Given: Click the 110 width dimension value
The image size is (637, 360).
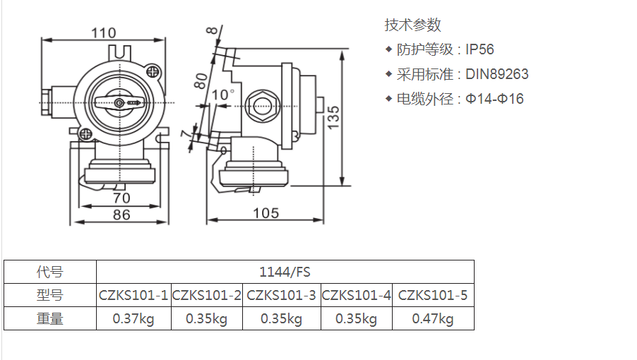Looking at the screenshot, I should [x=103, y=32].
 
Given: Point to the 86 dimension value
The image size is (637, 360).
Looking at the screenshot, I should [x=121, y=215].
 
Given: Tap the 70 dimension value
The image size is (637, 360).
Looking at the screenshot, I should [x=121, y=198].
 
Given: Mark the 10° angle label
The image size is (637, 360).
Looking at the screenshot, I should [x=222, y=95].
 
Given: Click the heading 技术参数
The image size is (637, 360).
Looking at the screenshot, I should [x=412, y=25].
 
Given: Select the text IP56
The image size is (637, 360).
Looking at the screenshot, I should [x=480, y=49].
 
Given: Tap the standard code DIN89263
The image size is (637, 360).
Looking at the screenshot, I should [x=496, y=74].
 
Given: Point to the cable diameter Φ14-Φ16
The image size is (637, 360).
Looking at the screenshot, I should [x=494, y=99].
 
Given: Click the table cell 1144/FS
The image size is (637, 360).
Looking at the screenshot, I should [x=285, y=272].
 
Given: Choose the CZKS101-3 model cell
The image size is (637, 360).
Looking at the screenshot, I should [x=281, y=295].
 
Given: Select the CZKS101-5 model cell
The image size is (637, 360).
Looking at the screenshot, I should [x=433, y=295].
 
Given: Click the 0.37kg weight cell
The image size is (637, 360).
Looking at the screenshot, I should [x=133, y=319].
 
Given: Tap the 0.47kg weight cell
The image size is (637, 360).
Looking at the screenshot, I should [x=433, y=319].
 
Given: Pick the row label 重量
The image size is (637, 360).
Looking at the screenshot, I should [x=50, y=319].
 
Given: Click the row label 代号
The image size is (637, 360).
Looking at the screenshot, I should [x=50, y=272].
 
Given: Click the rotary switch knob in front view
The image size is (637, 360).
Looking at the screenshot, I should [x=121, y=103].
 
